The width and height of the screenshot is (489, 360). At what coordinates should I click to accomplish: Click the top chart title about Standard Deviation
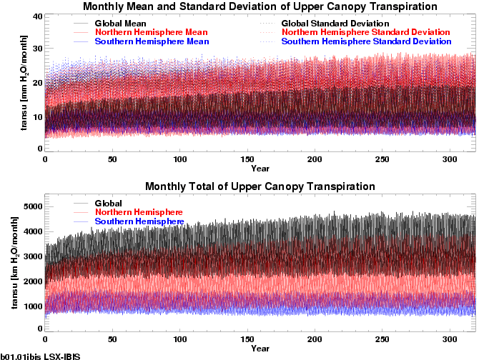(x=260, y=6)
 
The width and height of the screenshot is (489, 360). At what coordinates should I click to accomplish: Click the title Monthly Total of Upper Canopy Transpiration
(x=260, y=186)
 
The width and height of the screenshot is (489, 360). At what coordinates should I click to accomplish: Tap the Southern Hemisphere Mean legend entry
(x=152, y=42)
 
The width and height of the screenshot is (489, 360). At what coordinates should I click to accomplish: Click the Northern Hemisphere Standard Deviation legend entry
(x=366, y=33)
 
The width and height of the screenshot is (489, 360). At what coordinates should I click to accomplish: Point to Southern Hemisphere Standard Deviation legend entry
(x=367, y=42)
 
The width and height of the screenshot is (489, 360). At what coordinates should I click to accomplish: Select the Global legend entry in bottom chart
(x=109, y=204)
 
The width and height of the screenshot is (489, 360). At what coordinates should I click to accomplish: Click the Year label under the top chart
(x=260, y=169)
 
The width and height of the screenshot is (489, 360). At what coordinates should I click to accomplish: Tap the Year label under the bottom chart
(x=260, y=349)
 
